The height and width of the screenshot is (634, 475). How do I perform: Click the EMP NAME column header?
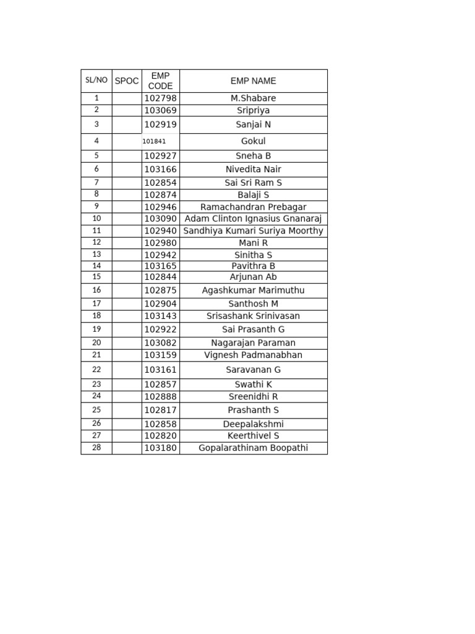pos(253,81)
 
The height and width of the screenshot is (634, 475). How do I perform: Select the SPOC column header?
pos(127,81)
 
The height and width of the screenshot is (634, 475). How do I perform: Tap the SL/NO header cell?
pos(96,80)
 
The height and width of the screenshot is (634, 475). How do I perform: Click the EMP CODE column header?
pos(160,81)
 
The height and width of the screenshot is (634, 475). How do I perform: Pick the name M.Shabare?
pos(253,98)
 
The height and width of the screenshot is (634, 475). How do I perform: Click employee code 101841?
pos(154,141)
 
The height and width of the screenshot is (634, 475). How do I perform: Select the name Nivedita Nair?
pos(253,169)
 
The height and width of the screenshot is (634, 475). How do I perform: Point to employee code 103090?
pos(160,219)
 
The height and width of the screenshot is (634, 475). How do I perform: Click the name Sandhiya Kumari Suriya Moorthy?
pos(253,231)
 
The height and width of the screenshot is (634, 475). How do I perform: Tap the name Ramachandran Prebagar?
pos(253,207)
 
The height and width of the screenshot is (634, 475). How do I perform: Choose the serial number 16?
pos(96,290)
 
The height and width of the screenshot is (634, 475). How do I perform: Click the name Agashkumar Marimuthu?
pos(253,290)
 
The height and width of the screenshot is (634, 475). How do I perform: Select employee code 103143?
pos(160,316)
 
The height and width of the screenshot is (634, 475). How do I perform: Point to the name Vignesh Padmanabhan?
pos(253,355)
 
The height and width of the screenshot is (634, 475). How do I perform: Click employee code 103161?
pos(160,370)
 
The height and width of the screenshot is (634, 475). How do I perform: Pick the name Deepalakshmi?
pos(253,424)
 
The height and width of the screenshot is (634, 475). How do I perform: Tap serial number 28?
pos(96,448)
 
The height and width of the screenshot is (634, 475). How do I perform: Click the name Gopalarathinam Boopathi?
pos(253,448)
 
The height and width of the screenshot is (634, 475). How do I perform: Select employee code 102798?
pos(160,98)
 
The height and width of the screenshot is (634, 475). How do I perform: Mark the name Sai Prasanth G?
pos(253,329)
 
